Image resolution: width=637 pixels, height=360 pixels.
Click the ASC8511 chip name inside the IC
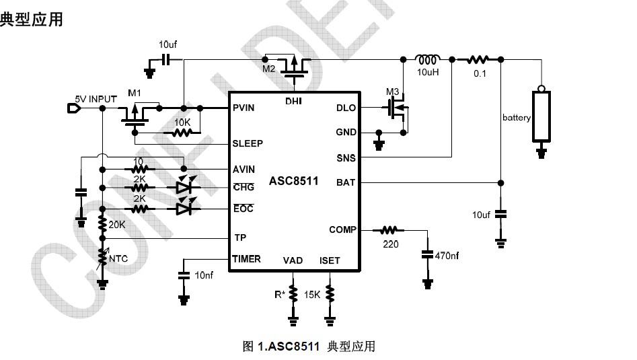(x=293, y=182)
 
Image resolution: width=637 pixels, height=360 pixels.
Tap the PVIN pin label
(x=243, y=108)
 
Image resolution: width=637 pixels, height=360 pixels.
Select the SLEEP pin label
(x=247, y=143)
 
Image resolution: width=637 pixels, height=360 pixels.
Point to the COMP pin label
(x=342, y=229)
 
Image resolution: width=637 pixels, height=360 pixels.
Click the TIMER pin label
(x=246, y=259)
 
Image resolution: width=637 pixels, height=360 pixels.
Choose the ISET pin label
(x=330, y=260)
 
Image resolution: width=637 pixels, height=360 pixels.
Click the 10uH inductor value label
(x=428, y=71)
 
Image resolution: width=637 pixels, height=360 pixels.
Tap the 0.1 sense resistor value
(x=479, y=73)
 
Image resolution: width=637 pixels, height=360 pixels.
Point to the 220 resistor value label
(x=390, y=244)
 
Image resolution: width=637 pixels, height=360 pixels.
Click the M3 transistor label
(x=393, y=92)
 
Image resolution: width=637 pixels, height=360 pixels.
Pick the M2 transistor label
(x=269, y=69)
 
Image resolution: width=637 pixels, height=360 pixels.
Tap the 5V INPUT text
(x=96, y=99)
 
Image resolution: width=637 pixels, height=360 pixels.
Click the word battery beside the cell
(x=516, y=118)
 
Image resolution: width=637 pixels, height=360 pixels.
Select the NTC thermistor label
(x=119, y=258)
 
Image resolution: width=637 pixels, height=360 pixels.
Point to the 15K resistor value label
(x=312, y=295)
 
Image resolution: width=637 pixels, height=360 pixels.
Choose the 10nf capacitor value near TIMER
(x=204, y=276)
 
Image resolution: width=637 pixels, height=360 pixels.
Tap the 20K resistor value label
(x=117, y=224)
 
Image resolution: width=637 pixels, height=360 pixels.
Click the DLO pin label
(x=346, y=108)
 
